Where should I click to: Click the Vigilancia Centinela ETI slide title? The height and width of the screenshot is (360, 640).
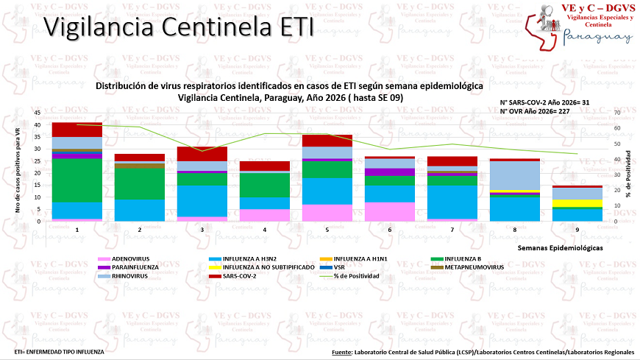click(x=179, y=27)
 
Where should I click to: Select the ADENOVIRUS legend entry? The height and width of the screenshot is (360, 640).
click(x=131, y=259)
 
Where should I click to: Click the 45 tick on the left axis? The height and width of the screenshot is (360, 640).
click(x=38, y=113)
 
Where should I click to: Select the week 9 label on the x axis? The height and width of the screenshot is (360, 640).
click(x=577, y=229)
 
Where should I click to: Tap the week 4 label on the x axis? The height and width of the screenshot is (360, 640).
click(x=264, y=229)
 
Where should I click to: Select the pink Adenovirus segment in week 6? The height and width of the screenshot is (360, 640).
click(x=389, y=211)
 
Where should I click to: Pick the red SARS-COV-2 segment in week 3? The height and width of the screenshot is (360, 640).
click(x=202, y=154)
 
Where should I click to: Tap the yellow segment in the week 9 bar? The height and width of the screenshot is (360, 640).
click(x=577, y=203)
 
